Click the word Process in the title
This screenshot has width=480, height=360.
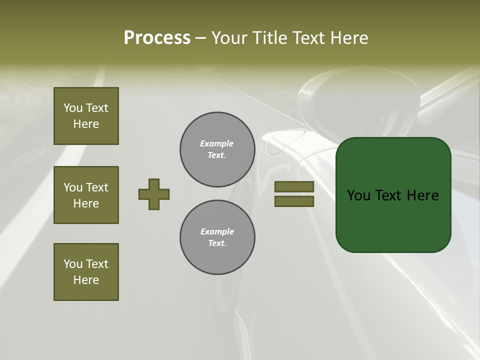(157, 38)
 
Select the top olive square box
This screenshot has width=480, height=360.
(86, 116)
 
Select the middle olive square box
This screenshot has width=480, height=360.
(86, 195)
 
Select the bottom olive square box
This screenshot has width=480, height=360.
(86, 272)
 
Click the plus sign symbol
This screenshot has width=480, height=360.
(154, 194)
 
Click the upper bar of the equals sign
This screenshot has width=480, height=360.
(294, 186)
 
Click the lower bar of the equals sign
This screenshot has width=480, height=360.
(294, 201)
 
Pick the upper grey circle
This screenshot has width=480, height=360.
(217, 149)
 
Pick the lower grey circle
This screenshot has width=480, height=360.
(217, 237)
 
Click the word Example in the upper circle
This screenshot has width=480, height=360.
(217, 143)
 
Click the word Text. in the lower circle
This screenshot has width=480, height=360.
(217, 243)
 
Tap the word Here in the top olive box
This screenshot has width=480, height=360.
(86, 124)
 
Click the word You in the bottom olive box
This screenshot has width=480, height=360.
(73, 264)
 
